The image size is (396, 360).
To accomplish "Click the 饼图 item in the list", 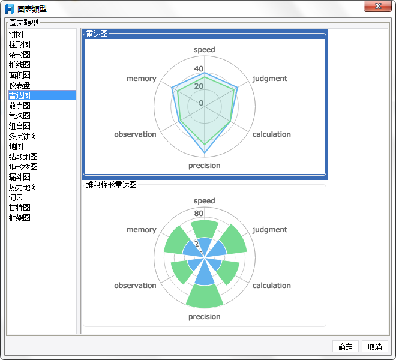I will point(16,34).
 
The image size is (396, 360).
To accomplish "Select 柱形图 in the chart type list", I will point(19,44).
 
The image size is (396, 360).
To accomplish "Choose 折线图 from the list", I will point(19,65).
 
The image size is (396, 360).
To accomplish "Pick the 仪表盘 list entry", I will point(19,85).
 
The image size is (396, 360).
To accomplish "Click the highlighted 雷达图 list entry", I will point(19,95).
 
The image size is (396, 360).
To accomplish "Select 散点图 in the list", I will point(19,106).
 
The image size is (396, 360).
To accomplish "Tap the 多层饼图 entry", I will point(23,136).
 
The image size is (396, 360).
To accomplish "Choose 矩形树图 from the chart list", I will point(23,167).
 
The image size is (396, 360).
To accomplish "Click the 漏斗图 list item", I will point(19,177).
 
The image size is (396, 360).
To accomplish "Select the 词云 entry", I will point(16,197).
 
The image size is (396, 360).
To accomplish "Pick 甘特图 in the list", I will point(19,208).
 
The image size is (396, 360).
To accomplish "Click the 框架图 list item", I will point(19,218).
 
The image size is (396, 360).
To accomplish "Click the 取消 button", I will point(375,347).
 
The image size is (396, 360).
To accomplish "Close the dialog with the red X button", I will point(378,7).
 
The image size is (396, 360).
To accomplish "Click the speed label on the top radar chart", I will point(204,50).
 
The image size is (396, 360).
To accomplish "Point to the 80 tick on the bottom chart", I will point(199,214).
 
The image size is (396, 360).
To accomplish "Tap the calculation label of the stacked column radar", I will point(271,286).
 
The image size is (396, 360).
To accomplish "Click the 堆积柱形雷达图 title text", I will point(112,185).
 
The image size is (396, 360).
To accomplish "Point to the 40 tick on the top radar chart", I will point(199,69).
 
